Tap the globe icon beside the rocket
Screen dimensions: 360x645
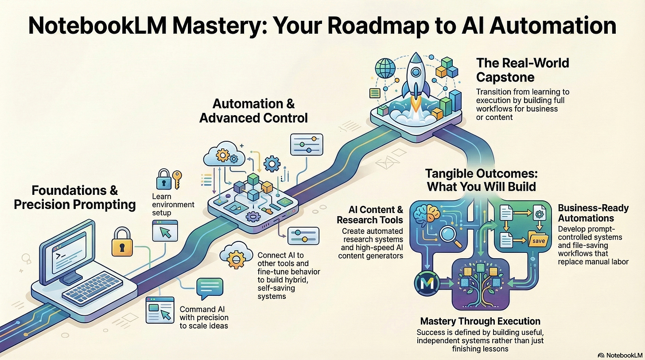pos(385,68)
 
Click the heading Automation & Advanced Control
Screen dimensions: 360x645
pos(253,111)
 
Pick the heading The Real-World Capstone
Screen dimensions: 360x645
pos(522,70)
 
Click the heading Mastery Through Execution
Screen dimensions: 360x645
pos(480,321)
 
